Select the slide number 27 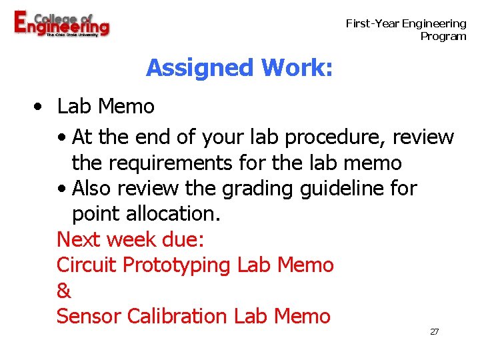pyautogui.click(x=434, y=331)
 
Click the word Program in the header pyautogui.click(x=443, y=36)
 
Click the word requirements pyautogui.click(x=171, y=163)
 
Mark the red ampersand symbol pyautogui.click(x=64, y=291)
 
